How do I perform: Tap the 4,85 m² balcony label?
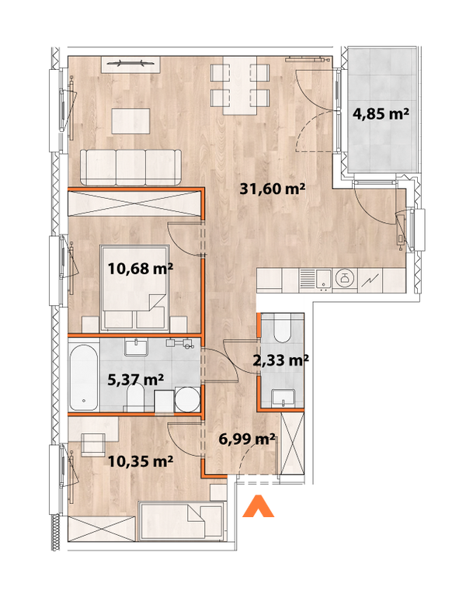click(381, 114)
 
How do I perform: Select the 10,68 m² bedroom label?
click(141, 269)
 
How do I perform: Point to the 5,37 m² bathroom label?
click(134, 380)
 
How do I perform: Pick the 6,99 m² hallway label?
click(248, 439)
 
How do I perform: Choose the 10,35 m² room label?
click(141, 461)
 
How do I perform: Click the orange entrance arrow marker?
click(259, 506)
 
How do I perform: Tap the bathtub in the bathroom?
click(82, 379)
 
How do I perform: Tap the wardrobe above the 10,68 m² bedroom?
click(134, 204)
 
